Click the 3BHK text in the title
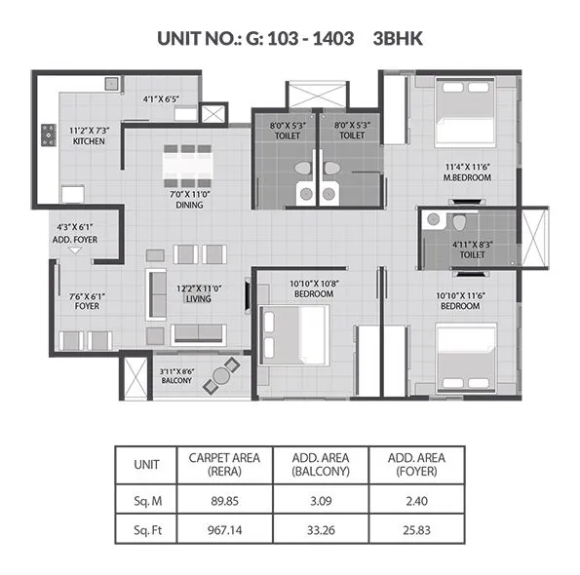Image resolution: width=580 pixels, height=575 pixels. click(x=398, y=38)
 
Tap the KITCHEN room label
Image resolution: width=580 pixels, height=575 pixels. click(x=89, y=140)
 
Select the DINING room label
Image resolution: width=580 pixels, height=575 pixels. click(x=189, y=205)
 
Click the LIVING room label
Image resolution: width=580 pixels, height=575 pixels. click(x=199, y=300)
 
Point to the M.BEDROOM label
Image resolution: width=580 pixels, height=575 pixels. click(x=465, y=179)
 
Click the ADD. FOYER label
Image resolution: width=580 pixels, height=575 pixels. click(x=76, y=239)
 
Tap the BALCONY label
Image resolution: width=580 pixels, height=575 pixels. click(x=176, y=381)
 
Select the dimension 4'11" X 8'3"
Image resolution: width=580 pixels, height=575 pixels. click(x=473, y=244)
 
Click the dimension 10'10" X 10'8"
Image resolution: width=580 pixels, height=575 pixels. click(x=313, y=283)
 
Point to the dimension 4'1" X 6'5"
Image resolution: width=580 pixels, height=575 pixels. click(x=162, y=98)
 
